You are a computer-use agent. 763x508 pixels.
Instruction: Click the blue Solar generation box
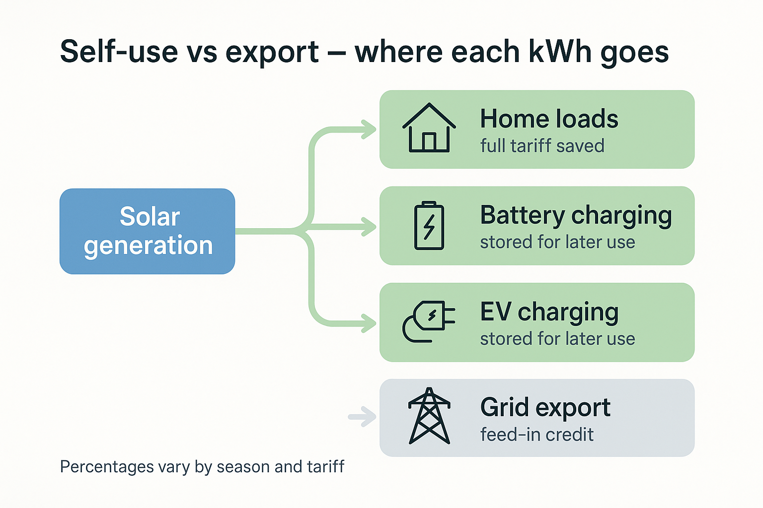(x=147, y=231)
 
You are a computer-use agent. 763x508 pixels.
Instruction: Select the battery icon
(x=429, y=226)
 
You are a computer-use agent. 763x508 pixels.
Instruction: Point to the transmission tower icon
(x=429, y=416)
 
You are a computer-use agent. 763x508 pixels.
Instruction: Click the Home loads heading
(x=549, y=119)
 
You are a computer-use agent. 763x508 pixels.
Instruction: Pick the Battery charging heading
(x=576, y=216)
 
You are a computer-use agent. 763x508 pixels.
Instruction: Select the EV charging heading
(x=549, y=313)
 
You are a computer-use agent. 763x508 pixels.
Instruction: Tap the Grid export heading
(x=545, y=408)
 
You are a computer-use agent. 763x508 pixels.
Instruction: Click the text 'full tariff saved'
(x=542, y=146)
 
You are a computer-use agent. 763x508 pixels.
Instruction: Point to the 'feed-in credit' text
(x=536, y=435)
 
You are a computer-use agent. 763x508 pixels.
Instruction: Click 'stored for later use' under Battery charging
(x=557, y=242)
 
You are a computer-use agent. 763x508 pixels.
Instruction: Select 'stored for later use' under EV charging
(x=557, y=339)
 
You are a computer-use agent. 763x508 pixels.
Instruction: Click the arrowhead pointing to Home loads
(x=369, y=129)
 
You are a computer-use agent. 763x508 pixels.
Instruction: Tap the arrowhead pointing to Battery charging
(x=369, y=227)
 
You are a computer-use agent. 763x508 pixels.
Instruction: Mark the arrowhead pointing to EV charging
(x=369, y=323)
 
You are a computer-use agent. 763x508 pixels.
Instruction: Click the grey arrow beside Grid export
(x=363, y=417)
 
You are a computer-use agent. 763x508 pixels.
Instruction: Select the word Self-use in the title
(x=119, y=52)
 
